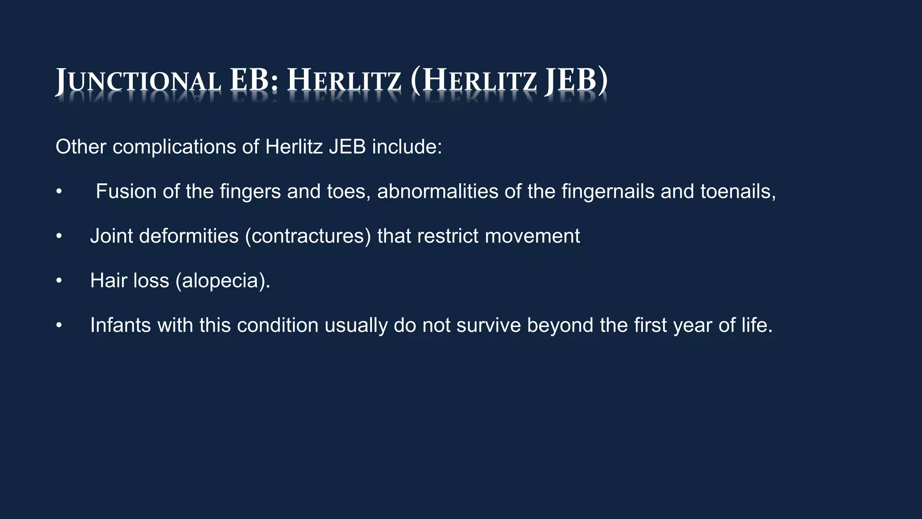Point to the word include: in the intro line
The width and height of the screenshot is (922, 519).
[x=407, y=147]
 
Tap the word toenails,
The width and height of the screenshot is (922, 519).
[x=738, y=191]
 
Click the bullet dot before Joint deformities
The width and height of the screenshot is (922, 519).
[x=59, y=237]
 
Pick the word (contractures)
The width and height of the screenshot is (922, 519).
[x=308, y=236]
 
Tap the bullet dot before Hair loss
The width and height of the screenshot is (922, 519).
[x=59, y=281]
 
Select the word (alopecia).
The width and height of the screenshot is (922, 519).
[x=223, y=281]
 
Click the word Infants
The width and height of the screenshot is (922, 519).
[x=120, y=325]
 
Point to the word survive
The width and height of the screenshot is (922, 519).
[x=488, y=325]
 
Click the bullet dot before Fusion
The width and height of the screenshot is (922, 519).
[x=59, y=192]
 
